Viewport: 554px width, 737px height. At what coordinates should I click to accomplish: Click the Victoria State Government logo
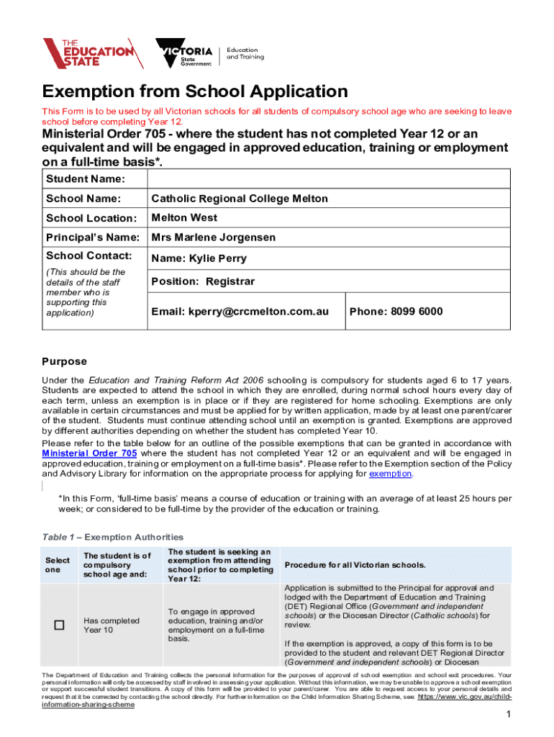(x=184, y=53)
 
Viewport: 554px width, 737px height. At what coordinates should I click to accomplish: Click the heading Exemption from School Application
(x=195, y=92)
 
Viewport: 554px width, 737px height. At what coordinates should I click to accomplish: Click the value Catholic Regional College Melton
(x=239, y=199)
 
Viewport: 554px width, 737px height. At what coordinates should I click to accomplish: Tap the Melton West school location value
(x=183, y=218)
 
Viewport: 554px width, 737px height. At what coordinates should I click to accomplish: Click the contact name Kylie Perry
(x=199, y=258)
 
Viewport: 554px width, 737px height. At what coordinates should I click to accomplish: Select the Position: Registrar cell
(x=202, y=281)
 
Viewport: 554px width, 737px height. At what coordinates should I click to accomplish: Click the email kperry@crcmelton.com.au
(x=240, y=312)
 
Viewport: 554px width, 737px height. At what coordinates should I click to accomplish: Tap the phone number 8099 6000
(x=396, y=312)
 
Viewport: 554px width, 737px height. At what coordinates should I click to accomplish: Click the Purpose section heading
(x=64, y=361)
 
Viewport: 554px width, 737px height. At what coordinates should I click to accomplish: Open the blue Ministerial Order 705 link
(x=89, y=453)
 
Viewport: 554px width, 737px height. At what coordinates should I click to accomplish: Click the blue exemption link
(x=390, y=474)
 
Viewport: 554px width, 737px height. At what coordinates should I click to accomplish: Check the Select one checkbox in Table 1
(x=58, y=625)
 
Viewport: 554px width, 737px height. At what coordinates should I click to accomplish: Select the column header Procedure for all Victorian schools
(x=355, y=564)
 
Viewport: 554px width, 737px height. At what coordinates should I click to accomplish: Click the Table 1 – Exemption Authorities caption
(x=113, y=537)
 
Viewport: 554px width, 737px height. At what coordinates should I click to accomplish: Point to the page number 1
(x=508, y=714)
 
